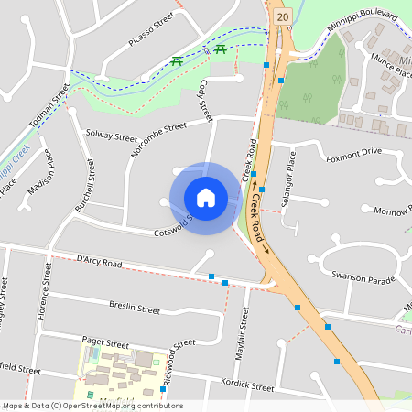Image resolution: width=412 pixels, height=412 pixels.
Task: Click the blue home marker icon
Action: [x=206, y=198]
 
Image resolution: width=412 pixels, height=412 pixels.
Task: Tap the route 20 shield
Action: [x=282, y=16]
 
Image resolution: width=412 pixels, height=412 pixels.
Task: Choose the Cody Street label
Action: [x=203, y=102]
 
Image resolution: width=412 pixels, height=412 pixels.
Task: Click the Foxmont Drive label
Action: [x=353, y=152]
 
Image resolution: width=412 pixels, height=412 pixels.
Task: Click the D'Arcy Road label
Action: [x=99, y=263]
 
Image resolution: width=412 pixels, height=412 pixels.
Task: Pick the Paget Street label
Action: [x=105, y=342]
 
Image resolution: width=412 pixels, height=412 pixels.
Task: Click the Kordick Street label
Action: [x=247, y=388]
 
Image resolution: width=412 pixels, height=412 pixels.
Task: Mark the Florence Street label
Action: [x=43, y=293]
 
